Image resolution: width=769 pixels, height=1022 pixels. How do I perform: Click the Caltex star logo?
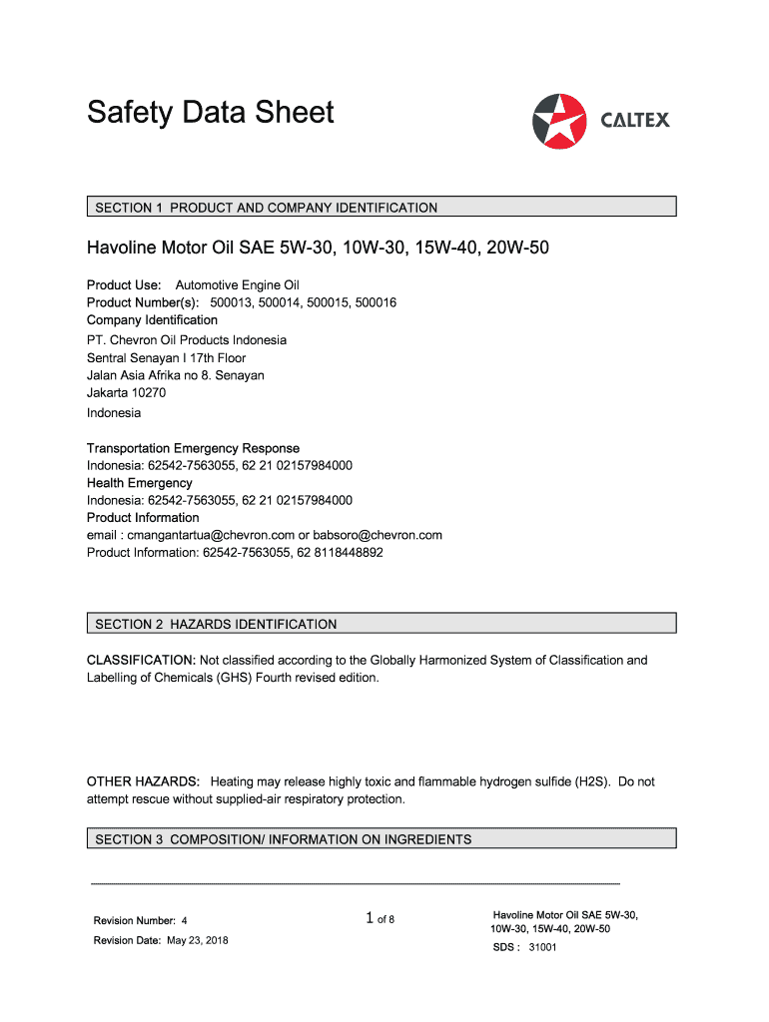pyautogui.click(x=560, y=121)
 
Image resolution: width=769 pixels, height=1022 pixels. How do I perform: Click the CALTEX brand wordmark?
pyautogui.click(x=635, y=121)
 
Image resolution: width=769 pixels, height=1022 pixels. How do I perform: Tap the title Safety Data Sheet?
pyautogui.click(x=210, y=113)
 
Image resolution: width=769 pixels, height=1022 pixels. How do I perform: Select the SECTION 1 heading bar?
pyautogui.click(x=381, y=208)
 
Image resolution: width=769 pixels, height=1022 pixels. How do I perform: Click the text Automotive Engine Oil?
pyautogui.click(x=238, y=285)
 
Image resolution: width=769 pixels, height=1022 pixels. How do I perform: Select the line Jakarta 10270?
pyautogui.click(x=127, y=392)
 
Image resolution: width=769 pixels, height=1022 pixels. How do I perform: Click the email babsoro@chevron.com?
pyautogui.click(x=378, y=535)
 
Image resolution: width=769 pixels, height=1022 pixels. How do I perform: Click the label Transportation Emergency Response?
pyautogui.click(x=193, y=448)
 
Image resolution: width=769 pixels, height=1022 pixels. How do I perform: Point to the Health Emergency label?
pyautogui.click(x=140, y=483)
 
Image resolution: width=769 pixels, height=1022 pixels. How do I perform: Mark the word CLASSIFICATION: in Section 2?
pyautogui.click(x=141, y=661)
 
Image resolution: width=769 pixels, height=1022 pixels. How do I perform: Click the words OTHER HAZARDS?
pyautogui.click(x=144, y=781)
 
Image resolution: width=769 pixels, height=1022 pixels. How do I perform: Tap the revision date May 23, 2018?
pyautogui.click(x=197, y=940)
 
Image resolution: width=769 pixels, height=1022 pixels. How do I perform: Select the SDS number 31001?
pyautogui.click(x=542, y=947)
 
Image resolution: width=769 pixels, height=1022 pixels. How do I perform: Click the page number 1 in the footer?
pyautogui.click(x=370, y=918)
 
